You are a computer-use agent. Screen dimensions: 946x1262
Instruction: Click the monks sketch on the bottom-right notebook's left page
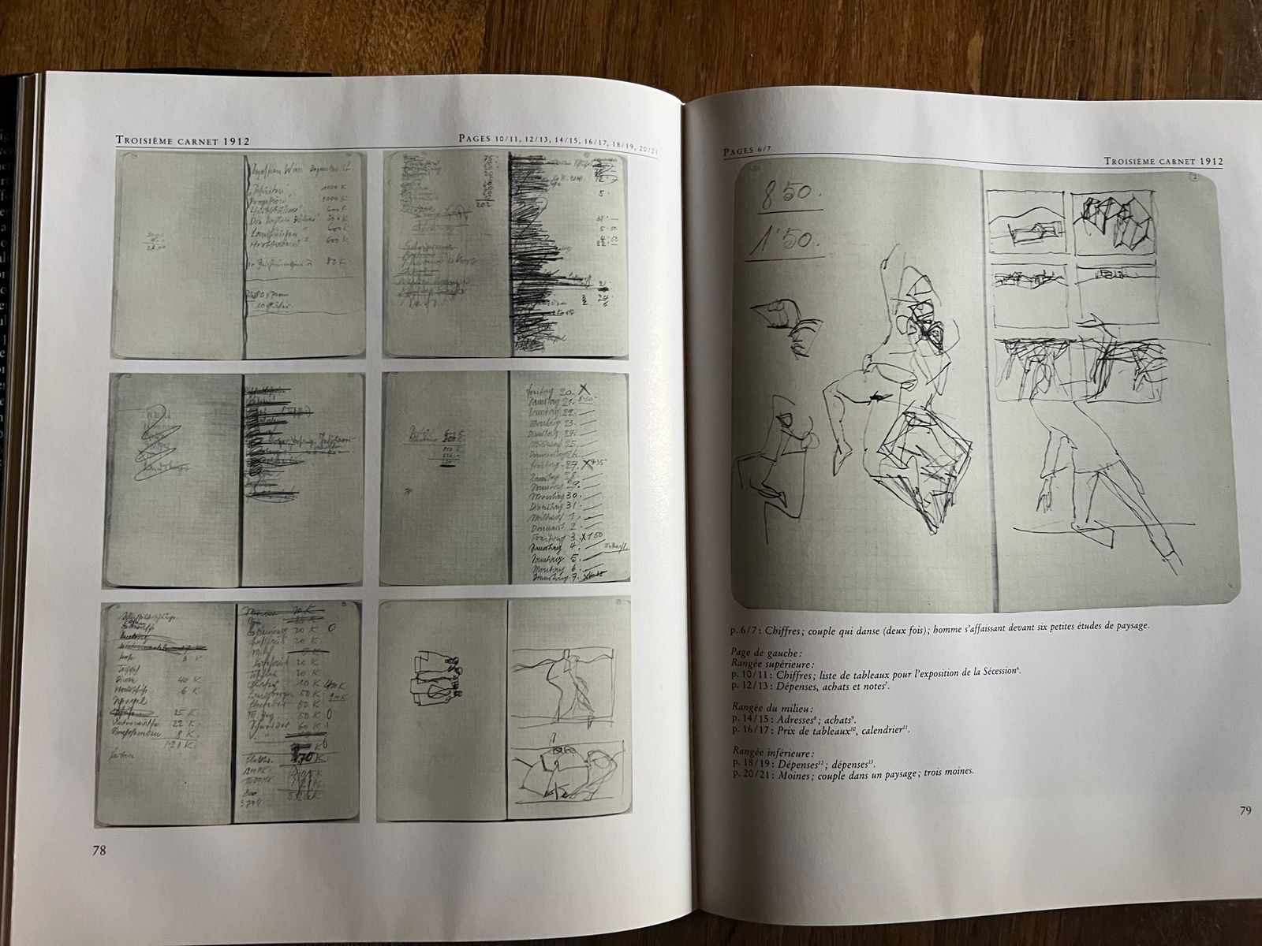[435, 676]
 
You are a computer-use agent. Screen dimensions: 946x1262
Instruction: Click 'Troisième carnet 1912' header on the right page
[1163, 160]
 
